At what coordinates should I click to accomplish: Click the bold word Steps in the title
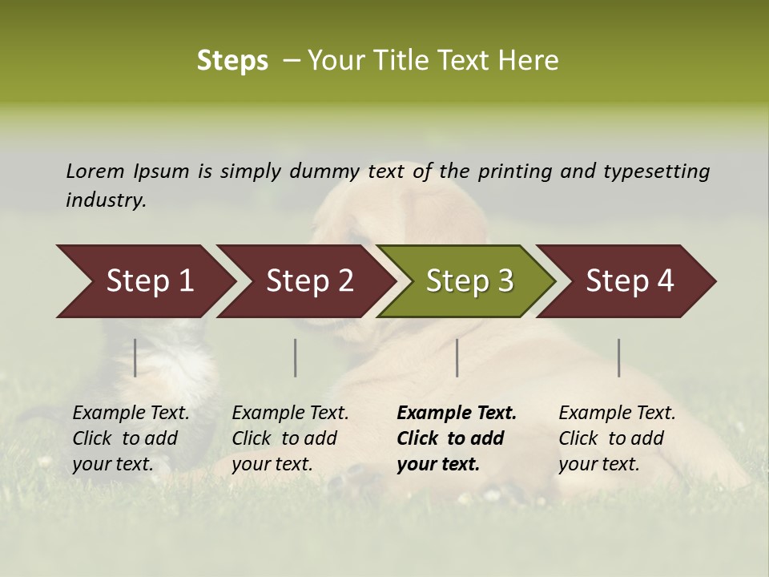(232, 61)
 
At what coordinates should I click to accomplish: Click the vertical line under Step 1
(135, 357)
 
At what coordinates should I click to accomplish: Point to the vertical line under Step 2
(296, 357)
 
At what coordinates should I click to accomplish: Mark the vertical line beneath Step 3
(457, 357)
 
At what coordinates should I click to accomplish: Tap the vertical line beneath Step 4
(618, 357)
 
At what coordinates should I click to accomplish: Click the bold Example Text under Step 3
(457, 438)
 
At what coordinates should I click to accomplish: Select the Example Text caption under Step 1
(131, 438)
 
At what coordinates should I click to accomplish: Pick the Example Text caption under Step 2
(290, 438)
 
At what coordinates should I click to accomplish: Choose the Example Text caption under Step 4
(617, 438)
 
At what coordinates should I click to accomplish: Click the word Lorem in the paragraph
(95, 171)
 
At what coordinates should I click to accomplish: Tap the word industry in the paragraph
(106, 200)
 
